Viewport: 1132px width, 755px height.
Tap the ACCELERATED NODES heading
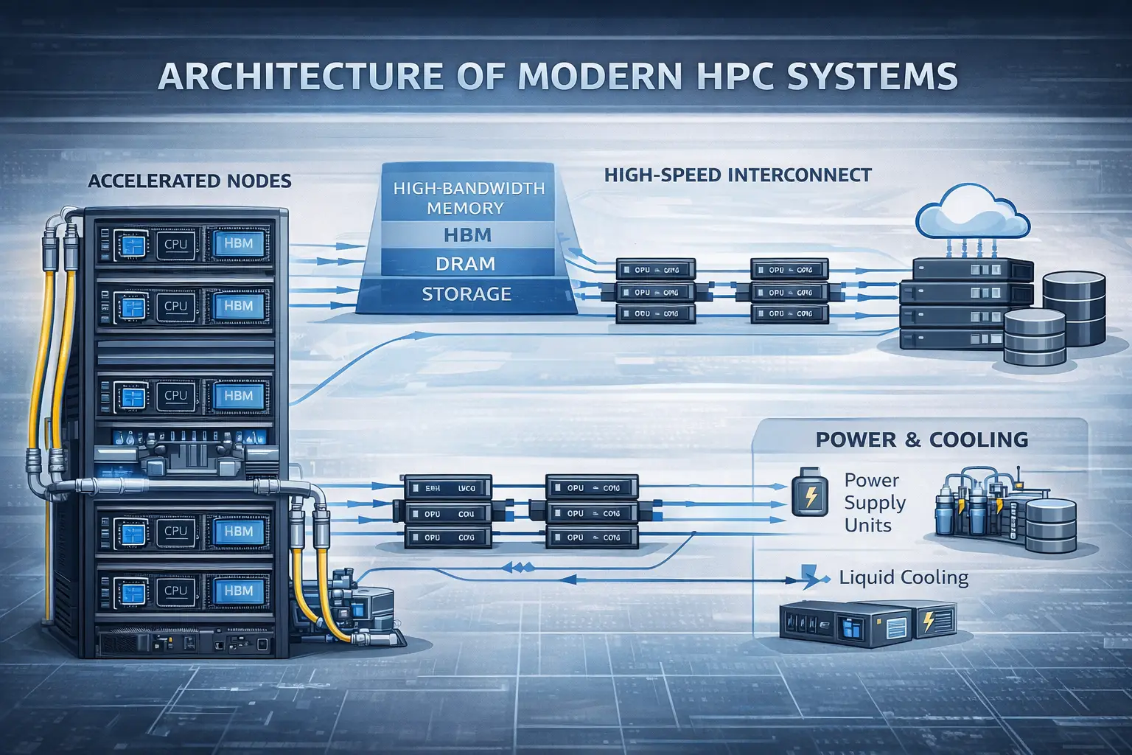coord(189,181)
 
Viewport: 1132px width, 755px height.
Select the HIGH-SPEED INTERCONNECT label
coord(737,175)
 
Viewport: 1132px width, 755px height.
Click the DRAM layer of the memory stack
coord(465,264)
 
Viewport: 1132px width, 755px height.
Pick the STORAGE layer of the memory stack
coord(466,294)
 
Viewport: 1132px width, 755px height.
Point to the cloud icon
coord(972,209)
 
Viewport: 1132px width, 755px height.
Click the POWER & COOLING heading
coord(921,440)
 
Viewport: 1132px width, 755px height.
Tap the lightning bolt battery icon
coord(810,495)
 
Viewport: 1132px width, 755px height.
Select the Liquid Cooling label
coord(904,577)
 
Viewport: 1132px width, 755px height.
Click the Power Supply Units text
coord(874,503)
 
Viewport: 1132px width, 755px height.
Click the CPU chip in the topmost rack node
coord(175,244)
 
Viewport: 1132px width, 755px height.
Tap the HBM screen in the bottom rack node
coord(238,591)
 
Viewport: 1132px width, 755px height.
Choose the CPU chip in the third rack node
coord(175,395)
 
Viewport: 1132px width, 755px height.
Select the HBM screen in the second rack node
coord(238,306)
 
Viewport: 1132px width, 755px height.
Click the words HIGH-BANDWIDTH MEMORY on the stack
coord(469,198)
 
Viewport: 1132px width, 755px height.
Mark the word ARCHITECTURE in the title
coord(300,77)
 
